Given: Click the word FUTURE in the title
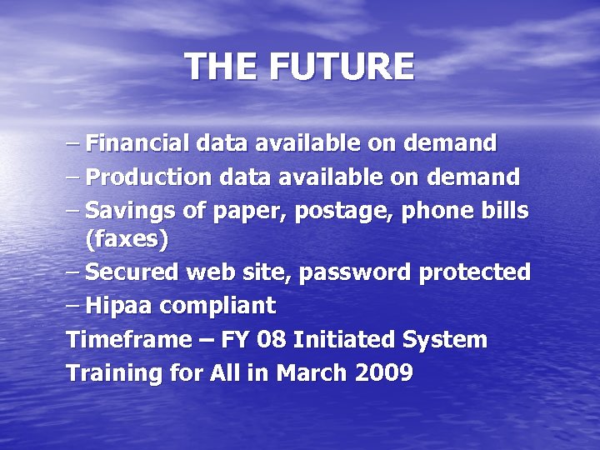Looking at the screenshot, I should pyautogui.click(x=341, y=67).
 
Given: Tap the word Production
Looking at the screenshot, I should pyautogui.click(x=149, y=177).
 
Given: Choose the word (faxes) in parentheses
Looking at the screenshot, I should pyautogui.click(x=127, y=240).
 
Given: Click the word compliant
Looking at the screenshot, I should pyautogui.click(x=217, y=307).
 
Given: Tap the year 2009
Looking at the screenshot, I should pyautogui.click(x=383, y=373).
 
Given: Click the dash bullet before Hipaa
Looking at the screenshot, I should pyautogui.click(x=73, y=305).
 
